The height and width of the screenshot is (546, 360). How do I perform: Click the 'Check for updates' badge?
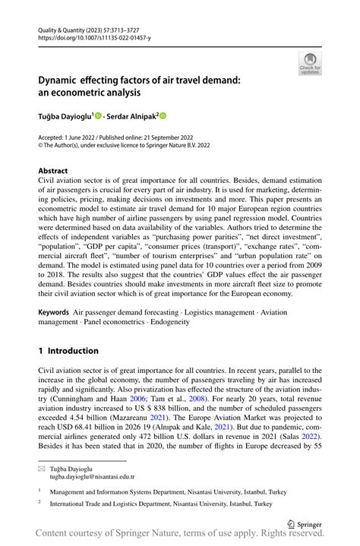click(x=309, y=64)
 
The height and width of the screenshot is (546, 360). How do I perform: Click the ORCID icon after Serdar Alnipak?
click(x=162, y=115)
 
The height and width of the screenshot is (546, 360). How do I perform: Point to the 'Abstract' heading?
click(x=52, y=171)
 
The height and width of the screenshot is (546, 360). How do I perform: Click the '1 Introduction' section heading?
click(x=68, y=351)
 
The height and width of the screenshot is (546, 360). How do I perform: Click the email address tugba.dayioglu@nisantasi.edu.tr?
click(x=92, y=476)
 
